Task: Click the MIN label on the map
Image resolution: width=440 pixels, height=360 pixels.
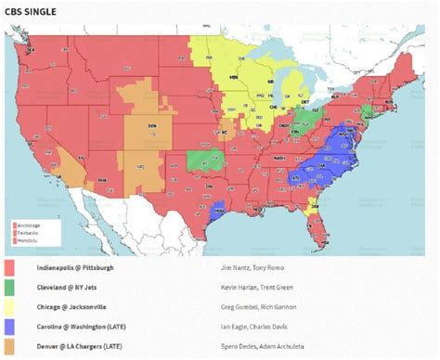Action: point(234,78)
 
